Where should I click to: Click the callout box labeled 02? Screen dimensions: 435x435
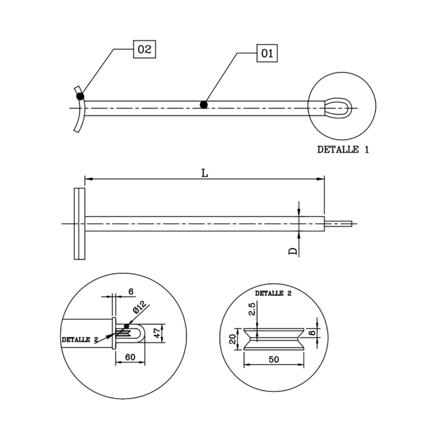(144, 50)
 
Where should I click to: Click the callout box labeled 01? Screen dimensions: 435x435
(267, 53)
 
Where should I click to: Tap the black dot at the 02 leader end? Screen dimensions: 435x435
(80, 96)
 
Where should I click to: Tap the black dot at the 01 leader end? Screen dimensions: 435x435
(204, 105)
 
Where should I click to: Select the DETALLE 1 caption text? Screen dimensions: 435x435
(343, 149)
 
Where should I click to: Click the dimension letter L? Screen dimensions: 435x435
(205, 173)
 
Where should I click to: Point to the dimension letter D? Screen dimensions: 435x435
(293, 251)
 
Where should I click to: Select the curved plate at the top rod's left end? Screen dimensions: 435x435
(79, 110)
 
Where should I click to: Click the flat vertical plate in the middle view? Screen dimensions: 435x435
(79, 224)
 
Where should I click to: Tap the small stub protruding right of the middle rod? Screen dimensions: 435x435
(338, 224)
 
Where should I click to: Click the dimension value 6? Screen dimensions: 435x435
(131, 291)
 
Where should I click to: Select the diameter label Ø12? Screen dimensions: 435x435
(138, 308)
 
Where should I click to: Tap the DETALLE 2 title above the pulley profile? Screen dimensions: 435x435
(273, 293)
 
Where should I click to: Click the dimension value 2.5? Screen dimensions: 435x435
(252, 309)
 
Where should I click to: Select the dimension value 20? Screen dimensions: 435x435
(232, 339)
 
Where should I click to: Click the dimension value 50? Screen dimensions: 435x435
(273, 359)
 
